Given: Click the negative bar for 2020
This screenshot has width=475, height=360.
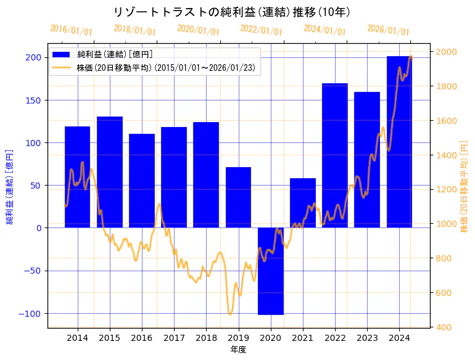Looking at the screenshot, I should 271,271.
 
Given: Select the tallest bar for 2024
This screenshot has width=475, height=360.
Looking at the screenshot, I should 400,142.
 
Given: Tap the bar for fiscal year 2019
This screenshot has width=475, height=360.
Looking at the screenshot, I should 238,197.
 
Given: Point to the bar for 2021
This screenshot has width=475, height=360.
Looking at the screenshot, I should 303,203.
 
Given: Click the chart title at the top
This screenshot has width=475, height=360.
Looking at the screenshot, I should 233,12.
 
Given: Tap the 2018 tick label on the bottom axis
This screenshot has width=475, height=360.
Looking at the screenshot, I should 206,338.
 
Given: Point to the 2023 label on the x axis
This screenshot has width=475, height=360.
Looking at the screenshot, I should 367,338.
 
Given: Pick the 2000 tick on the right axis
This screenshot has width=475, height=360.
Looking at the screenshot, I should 445,52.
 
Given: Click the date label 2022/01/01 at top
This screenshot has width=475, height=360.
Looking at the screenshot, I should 262,30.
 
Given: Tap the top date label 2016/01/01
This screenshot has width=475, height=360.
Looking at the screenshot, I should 72,30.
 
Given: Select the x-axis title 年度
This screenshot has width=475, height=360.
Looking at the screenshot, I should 238,350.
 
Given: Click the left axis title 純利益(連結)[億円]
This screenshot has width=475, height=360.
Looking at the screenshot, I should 10,186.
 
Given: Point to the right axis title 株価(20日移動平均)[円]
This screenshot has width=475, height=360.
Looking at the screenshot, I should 465,186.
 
